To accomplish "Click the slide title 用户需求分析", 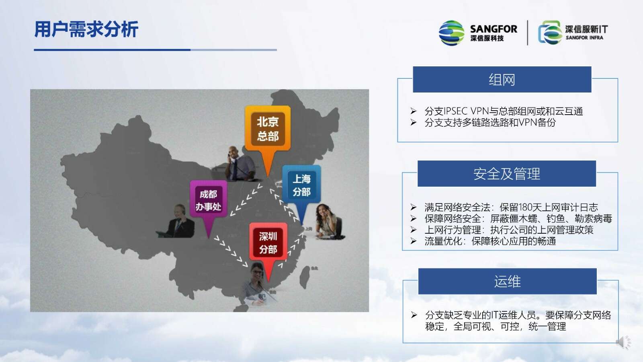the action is [86, 29].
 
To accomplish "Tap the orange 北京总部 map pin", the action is [268, 135].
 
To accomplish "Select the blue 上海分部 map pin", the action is [301, 189].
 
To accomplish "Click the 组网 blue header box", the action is [502, 80].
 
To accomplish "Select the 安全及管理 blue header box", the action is [507, 173].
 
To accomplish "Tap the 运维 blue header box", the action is [507, 281].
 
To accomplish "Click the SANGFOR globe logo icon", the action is [452, 33].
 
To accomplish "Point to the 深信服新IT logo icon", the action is [550, 33].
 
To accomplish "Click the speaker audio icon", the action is [623, 342].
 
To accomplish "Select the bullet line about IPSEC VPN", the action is [497, 111].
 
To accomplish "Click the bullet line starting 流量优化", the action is [483, 241].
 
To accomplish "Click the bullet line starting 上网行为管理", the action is [502, 230].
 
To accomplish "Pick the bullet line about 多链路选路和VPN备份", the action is [483, 122].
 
